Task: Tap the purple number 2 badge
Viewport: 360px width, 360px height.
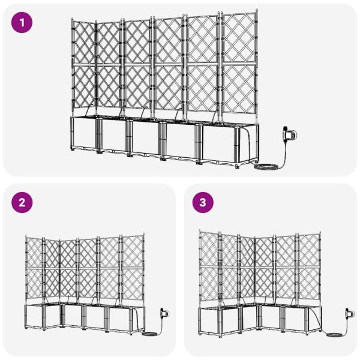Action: click(x=22, y=203)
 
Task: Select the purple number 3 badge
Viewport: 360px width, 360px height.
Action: click(x=202, y=203)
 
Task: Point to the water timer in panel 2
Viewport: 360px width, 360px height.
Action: click(x=163, y=313)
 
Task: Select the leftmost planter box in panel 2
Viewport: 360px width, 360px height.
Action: click(x=37, y=321)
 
